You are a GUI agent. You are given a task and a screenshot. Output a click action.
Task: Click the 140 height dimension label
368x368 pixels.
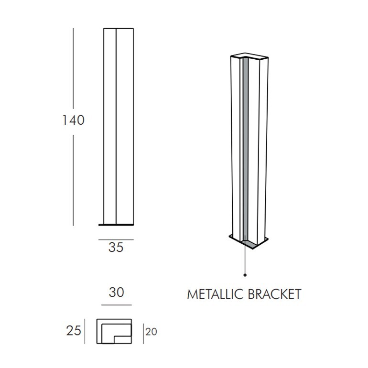coord(73,120)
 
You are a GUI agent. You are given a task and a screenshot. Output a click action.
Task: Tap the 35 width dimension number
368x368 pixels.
coord(116,248)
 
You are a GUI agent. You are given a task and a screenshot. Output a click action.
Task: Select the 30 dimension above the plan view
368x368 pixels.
coord(117,292)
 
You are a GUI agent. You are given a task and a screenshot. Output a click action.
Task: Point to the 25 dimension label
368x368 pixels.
coord(74,331)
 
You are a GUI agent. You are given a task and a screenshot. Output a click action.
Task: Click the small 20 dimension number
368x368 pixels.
coord(151,332)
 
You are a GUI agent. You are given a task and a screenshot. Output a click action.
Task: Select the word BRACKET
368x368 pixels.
coord(275,294)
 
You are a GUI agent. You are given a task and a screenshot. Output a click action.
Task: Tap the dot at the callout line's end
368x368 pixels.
coord(245,275)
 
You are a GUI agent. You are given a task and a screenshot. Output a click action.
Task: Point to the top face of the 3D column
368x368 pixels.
coord(249,56)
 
